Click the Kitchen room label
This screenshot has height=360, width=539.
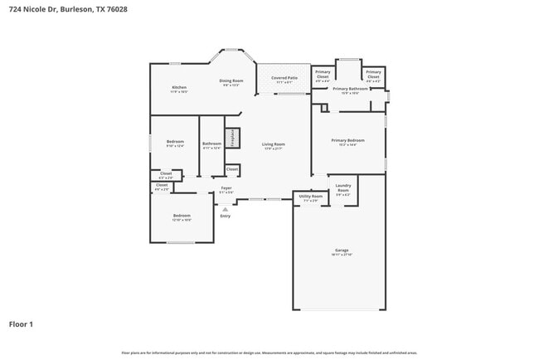tap(178, 87)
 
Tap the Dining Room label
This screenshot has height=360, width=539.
tap(230, 81)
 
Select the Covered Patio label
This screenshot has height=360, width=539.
tap(284, 79)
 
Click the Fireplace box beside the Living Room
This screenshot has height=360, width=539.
tap(233, 138)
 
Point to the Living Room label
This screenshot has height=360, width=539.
tap(274, 145)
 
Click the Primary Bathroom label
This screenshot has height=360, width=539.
tap(350, 90)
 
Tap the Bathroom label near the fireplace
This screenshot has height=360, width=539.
tap(211, 144)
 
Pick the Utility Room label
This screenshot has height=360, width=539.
tap(311, 197)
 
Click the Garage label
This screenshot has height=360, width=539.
tap(341, 251)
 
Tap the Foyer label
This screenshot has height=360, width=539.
tap(226, 189)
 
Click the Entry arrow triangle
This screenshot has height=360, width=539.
tap(224, 209)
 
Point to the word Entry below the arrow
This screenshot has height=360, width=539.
tap(225, 216)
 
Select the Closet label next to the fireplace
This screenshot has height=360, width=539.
tap(232, 169)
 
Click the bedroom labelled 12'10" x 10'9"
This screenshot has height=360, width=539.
tap(182, 216)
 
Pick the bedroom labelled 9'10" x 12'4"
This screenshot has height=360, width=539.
tap(175, 143)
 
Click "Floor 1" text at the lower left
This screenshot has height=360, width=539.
tap(21, 324)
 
